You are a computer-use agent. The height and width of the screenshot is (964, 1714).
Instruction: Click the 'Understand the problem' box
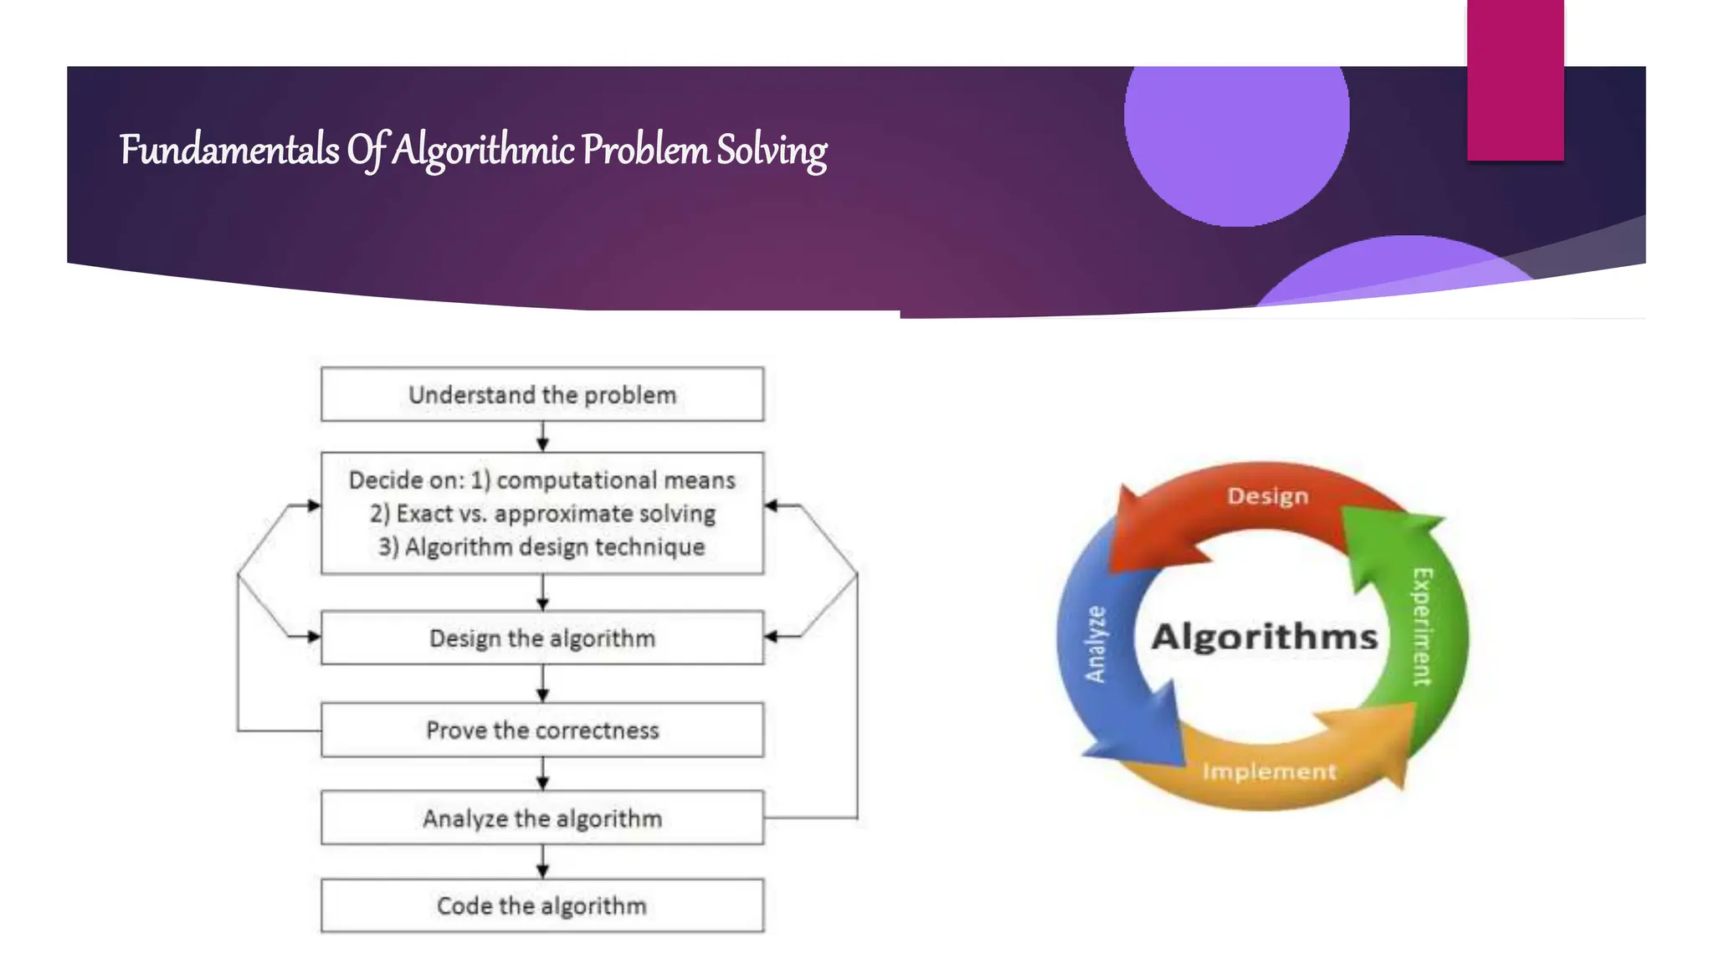pos(542,394)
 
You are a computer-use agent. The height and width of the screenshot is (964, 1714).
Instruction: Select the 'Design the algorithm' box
pos(542,638)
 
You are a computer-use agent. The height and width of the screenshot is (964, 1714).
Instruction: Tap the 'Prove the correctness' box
pos(542,731)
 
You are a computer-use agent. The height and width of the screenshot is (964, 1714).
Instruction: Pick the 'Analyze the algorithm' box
pos(542,818)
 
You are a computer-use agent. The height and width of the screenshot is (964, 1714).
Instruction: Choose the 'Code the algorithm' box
pos(542,905)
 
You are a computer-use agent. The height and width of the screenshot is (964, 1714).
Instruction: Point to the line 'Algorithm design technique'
pos(554,547)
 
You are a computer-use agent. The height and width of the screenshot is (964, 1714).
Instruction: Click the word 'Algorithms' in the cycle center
pos(1264,637)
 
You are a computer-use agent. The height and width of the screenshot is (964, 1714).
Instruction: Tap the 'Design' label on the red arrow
pos(1267,496)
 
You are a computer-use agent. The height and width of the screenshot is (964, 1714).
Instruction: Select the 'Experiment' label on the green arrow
pos(1422,627)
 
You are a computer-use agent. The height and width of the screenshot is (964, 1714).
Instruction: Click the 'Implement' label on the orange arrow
pos(1269,772)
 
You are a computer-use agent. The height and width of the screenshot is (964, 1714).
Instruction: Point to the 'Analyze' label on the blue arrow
pos(1096,644)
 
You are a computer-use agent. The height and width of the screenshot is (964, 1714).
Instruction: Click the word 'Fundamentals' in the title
pos(229,151)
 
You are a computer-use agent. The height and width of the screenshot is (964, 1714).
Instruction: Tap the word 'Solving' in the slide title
pos(772,152)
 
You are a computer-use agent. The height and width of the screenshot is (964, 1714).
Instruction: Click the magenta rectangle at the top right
pos(1515,80)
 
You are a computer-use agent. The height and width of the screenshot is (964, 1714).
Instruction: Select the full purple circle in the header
pos(1236,126)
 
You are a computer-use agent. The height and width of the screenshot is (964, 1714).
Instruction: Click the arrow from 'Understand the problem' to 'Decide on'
pos(542,436)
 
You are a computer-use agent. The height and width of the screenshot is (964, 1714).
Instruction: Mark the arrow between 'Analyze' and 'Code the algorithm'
pos(542,861)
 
